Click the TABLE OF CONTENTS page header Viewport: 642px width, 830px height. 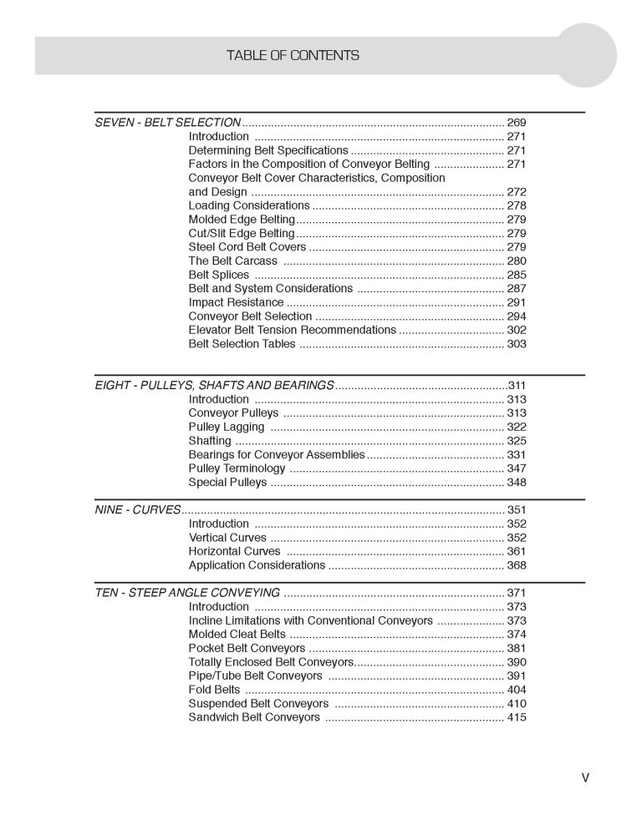point(293,56)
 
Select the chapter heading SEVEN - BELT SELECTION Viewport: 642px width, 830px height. point(168,123)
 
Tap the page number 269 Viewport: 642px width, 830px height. point(516,123)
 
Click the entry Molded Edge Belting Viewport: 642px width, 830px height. point(242,220)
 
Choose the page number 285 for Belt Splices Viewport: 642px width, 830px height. point(516,275)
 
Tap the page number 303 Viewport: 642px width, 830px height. point(516,343)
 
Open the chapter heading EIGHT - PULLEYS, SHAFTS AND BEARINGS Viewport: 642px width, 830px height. point(214,386)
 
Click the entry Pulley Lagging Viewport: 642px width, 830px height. point(227,427)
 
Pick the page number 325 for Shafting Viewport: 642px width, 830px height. point(516,441)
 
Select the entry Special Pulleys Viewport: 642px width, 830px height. point(227,482)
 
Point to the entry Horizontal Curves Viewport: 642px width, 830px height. point(234,551)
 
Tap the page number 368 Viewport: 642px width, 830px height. point(516,565)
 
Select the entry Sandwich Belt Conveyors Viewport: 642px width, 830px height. point(254,716)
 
